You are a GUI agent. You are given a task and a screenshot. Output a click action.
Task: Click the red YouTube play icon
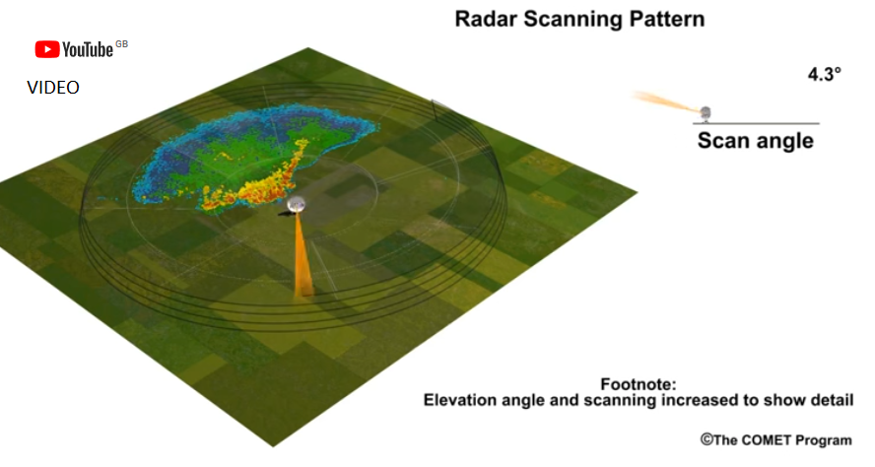(x=47, y=49)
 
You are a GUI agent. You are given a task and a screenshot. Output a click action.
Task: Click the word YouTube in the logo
(x=88, y=49)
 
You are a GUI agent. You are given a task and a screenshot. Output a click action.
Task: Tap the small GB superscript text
(x=121, y=44)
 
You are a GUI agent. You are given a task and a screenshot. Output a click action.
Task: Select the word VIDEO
(x=53, y=87)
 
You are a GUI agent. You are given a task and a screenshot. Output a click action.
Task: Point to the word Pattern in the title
(x=667, y=19)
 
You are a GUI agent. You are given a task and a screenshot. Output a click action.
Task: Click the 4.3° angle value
(x=824, y=74)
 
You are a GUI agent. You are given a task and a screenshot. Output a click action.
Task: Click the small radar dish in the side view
(x=706, y=112)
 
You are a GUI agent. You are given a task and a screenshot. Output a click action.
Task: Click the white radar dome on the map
(x=297, y=204)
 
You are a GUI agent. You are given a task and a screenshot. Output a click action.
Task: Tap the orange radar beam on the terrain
(x=302, y=255)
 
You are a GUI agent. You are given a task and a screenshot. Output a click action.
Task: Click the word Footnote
(x=638, y=384)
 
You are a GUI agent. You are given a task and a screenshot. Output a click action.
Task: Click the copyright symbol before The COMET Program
(x=707, y=439)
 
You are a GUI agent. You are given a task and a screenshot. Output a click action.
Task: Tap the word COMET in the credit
(x=765, y=440)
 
